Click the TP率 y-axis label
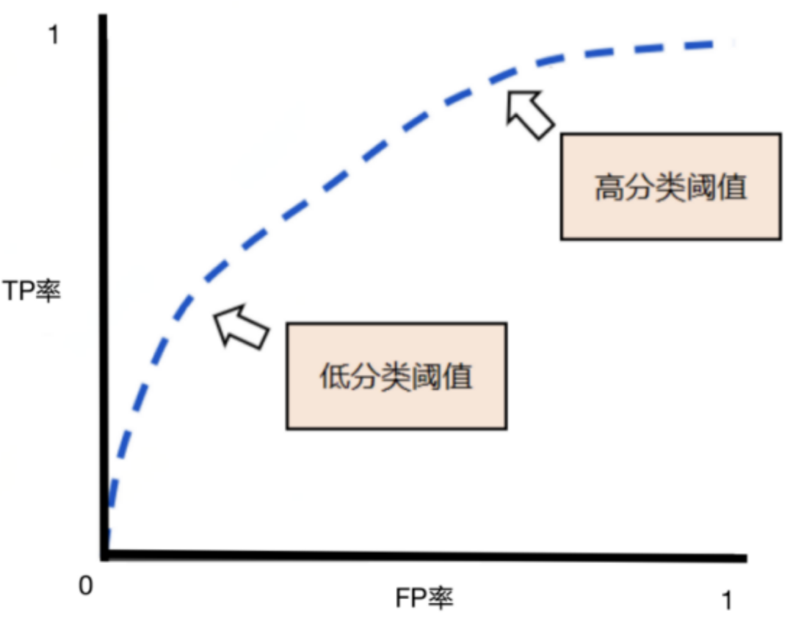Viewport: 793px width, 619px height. pos(32,293)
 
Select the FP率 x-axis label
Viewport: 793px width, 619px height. pos(424,597)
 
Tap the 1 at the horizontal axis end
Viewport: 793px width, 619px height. pos(726,601)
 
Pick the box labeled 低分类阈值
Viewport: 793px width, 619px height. pos(396,375)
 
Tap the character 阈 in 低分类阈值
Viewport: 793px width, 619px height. pos(427,377)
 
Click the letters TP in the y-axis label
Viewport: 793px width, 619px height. pos(20,293)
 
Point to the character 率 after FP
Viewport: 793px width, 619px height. pos(441,597)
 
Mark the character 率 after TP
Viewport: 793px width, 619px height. pos(48,293)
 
